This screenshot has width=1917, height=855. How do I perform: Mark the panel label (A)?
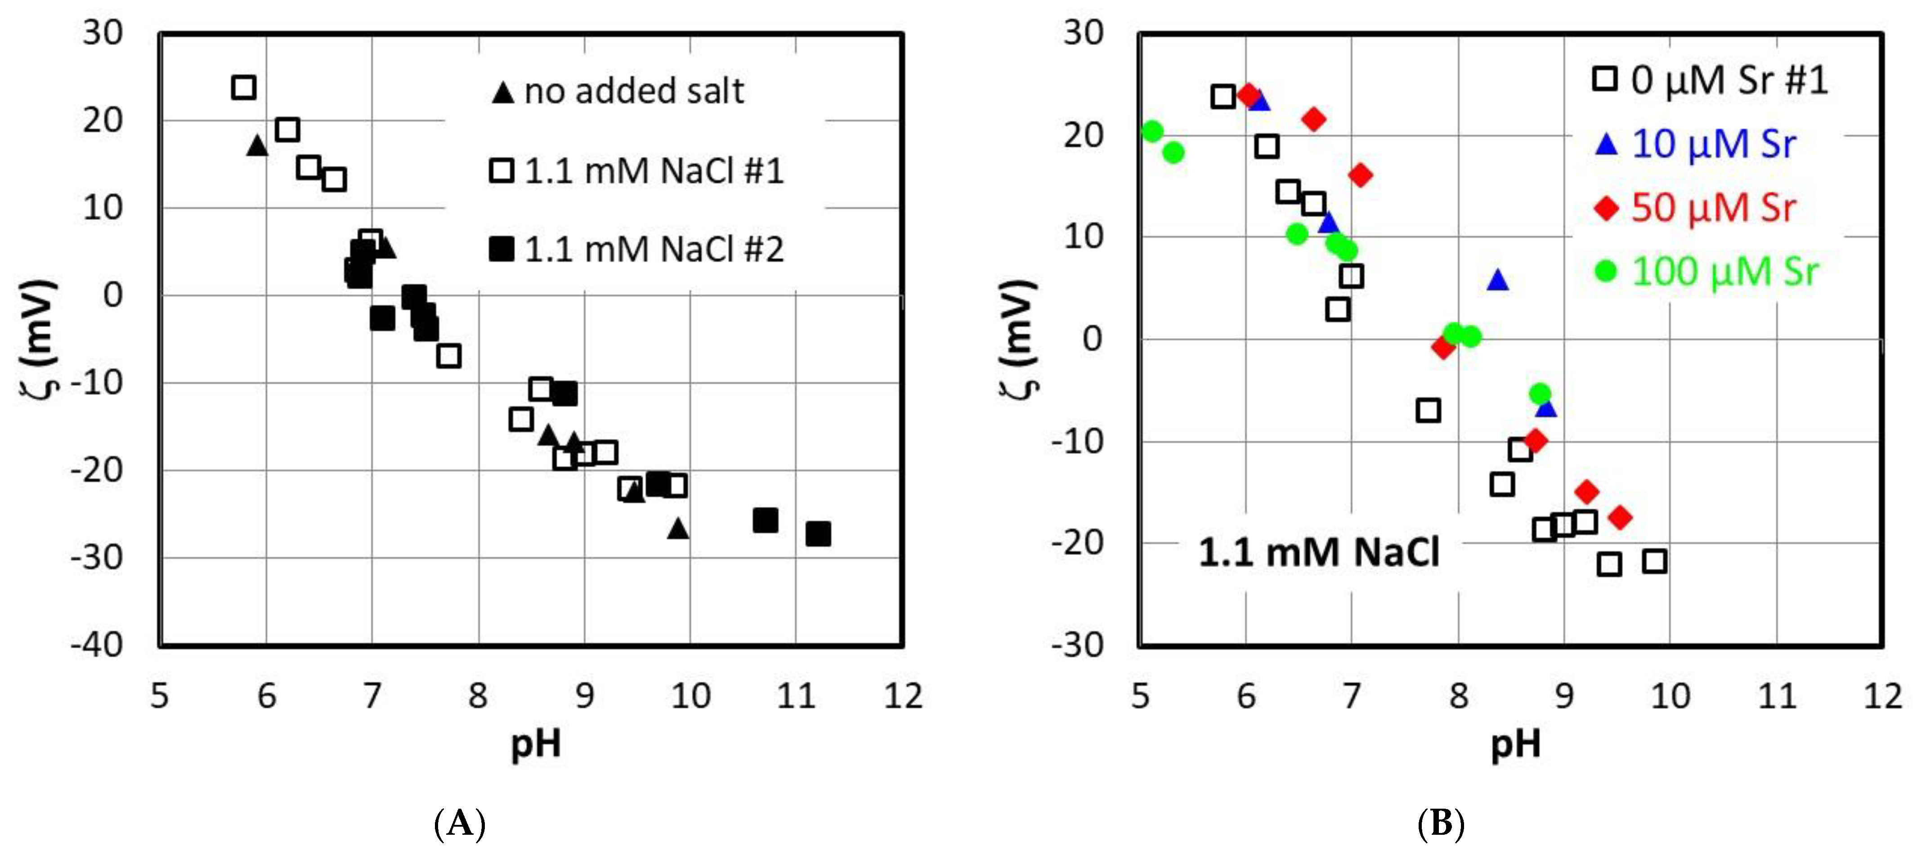click(x=459, y=824)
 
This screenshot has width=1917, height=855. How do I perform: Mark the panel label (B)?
click(x=1441, y=824)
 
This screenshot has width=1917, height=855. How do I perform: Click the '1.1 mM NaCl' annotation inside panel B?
click(x=1319, y=553)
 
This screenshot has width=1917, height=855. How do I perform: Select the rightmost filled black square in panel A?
click(x=818, y=533)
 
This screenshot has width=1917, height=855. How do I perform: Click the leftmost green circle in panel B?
click(x=1152, y=132)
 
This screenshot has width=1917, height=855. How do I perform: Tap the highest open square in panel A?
click(x=243, y=87)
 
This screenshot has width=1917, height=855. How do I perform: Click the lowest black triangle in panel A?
click(x=678, y=528)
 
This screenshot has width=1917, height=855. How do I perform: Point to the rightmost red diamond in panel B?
click(x=1619, y=517)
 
